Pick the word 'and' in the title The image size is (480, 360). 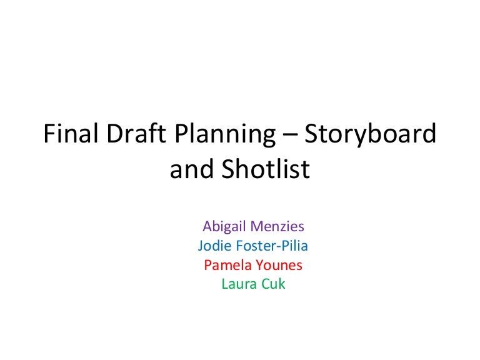(189, 169)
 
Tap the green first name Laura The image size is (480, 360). (237, 284)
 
